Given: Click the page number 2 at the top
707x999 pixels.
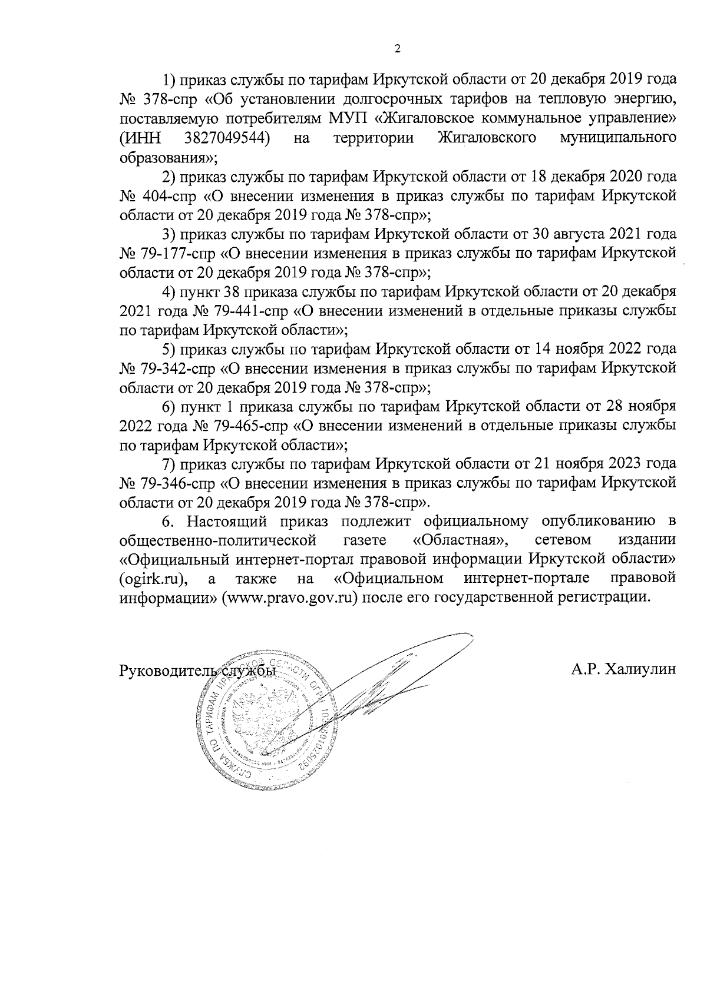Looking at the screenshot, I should pyautogui.click(x=397, y=49).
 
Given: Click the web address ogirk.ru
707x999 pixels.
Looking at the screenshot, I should pyautogui.click(x=153, y=579).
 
